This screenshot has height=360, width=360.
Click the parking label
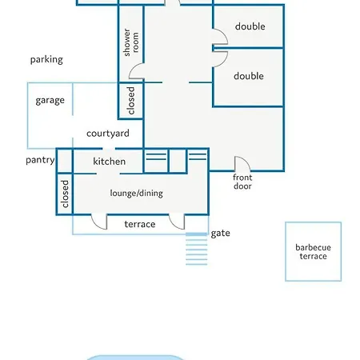[46, 60]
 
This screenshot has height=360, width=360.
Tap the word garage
[50, 101]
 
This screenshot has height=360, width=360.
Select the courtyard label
[108, 134]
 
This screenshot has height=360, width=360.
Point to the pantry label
[40, 160]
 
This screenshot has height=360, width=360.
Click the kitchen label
[110, 162]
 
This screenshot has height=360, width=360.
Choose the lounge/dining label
[137, 193]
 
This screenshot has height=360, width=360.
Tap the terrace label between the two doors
[140, 224]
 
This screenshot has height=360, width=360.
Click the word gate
[221, 234]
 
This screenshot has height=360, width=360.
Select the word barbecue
[314, 247]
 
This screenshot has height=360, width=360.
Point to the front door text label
[242, 182]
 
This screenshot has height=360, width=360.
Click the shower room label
[131, 42]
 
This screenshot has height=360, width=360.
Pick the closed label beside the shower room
[131, 101]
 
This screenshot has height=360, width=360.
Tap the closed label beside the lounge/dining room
[65, 194]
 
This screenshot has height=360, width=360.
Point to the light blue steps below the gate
[197, 249]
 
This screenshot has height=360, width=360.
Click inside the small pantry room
[65, 162]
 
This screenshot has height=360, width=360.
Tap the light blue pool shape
[135, 358]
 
